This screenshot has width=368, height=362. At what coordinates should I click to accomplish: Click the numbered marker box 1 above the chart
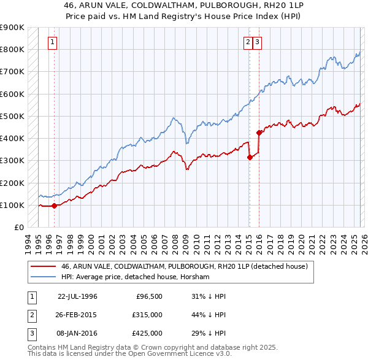coord(53,42)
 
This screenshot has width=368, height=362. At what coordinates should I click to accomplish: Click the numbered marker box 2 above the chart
coord(248,42)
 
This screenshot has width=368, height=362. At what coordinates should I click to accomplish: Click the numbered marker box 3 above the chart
coord(257,42)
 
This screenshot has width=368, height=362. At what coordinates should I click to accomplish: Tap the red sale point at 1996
coord(54,206)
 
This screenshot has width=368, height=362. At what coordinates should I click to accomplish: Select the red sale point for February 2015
coord(250,157)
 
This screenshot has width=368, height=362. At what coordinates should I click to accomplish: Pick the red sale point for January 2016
coord(259,133)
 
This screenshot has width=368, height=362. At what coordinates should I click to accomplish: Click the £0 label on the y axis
coord(18,227)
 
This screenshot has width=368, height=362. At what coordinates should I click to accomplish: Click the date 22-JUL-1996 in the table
coord(77,296)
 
